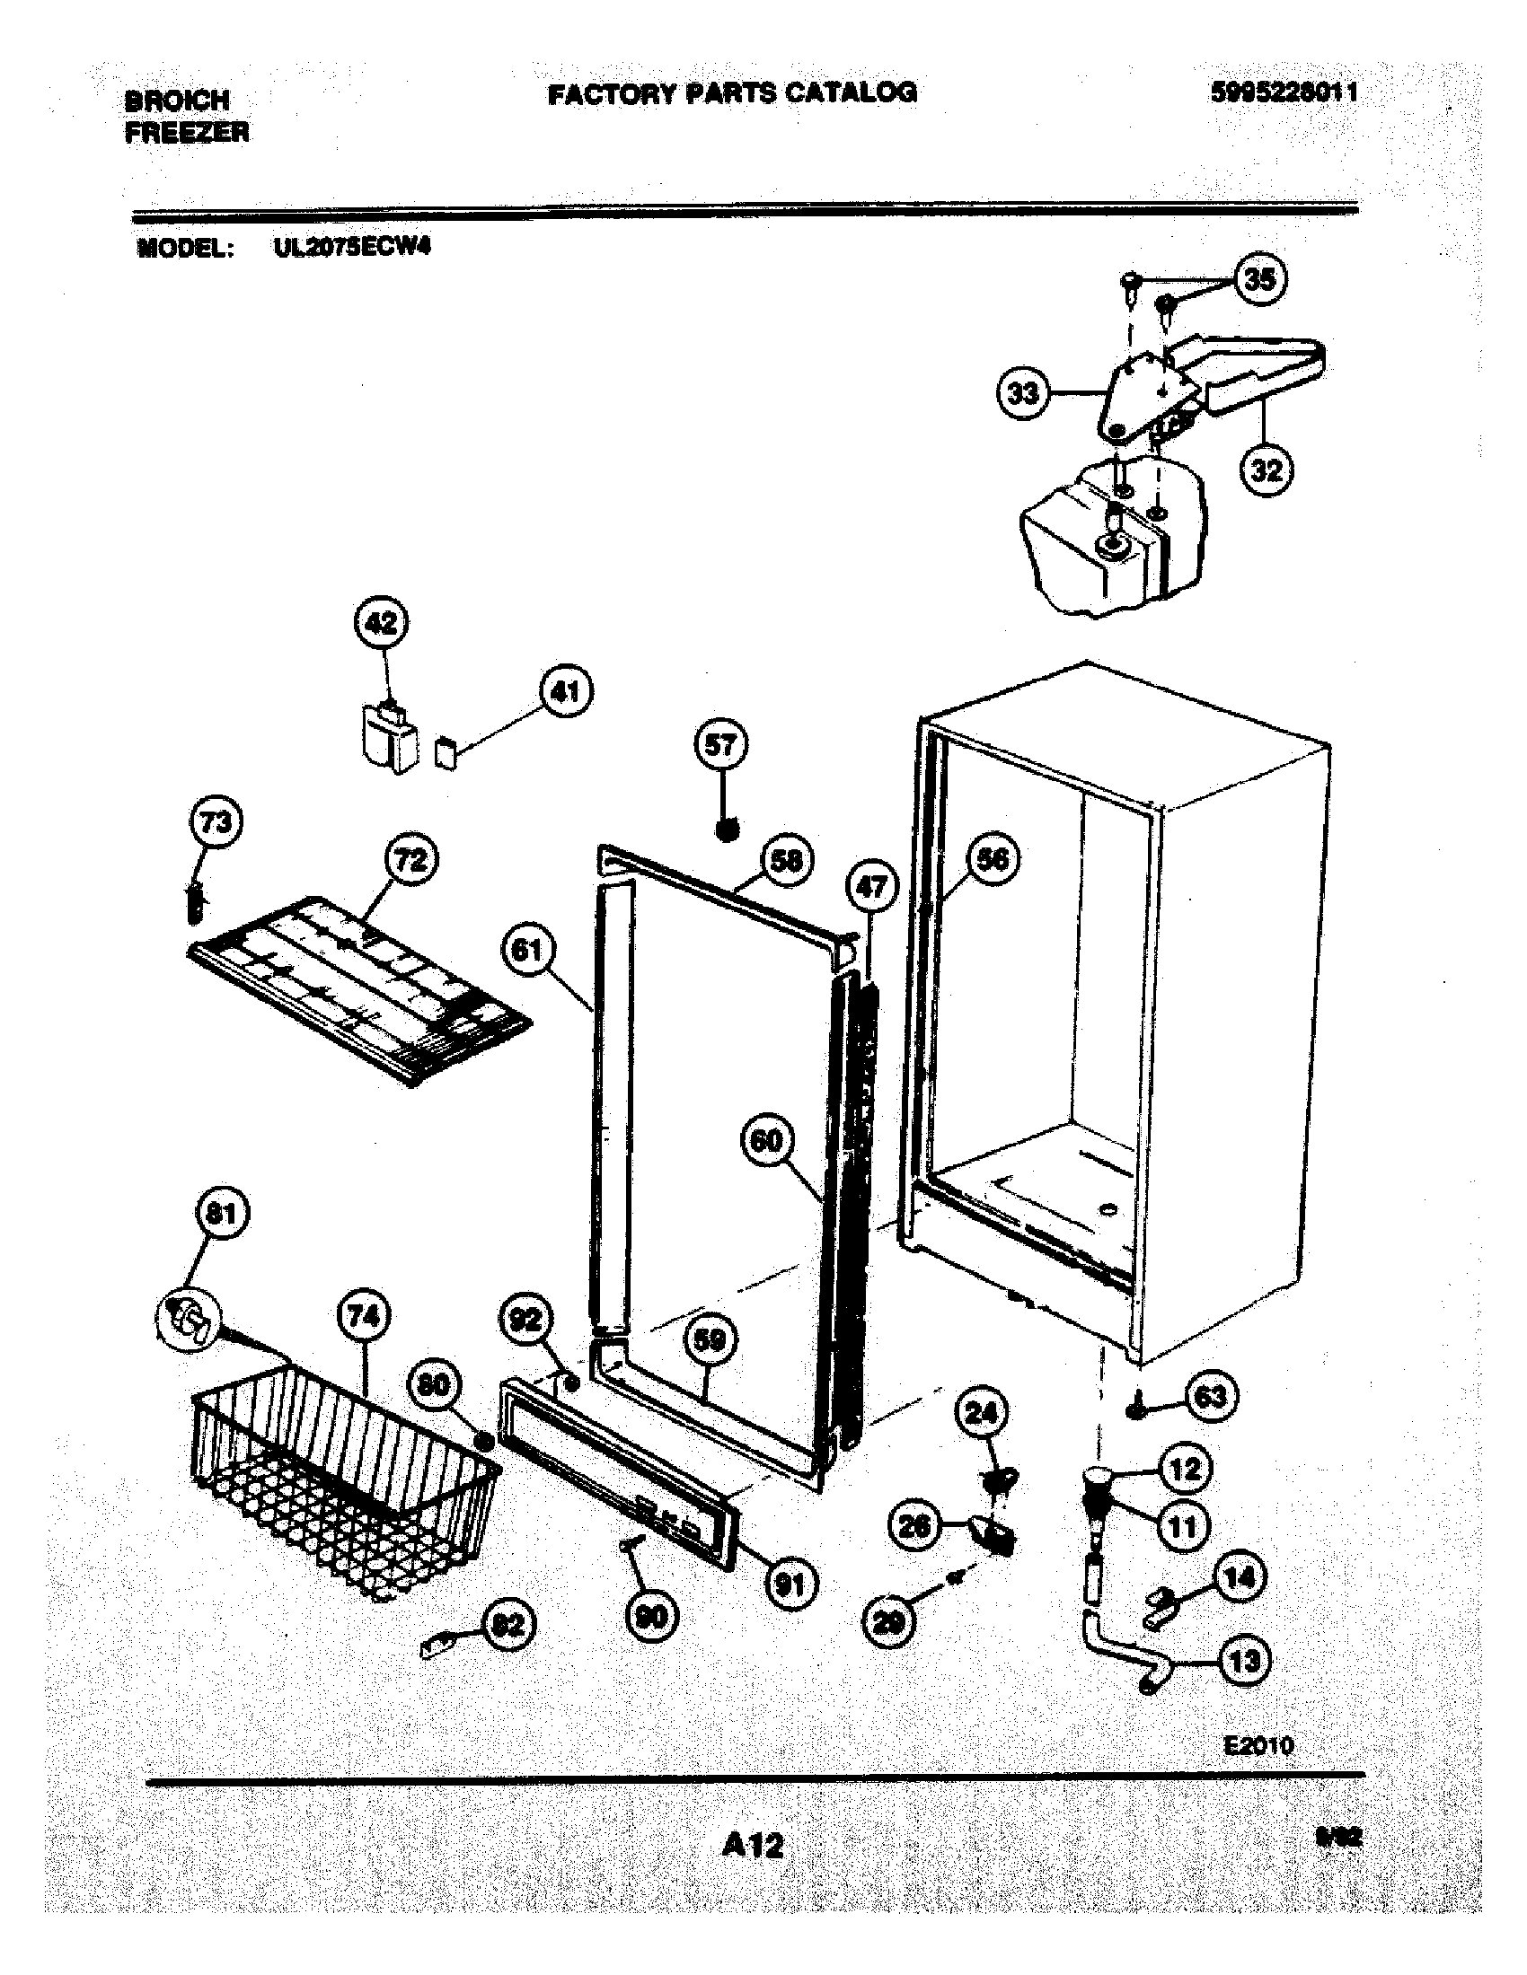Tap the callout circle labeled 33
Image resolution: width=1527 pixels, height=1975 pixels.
[x=1023, y=394]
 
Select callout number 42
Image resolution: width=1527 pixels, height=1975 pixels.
[x=381, y=624]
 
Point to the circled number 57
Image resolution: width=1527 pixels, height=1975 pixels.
[x=721, y=746]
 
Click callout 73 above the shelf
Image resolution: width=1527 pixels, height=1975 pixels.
[x=216, y=823]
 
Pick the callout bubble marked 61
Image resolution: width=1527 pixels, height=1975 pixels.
[x=527, y=951]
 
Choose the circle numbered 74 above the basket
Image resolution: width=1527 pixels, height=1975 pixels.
[x=363, y=1317]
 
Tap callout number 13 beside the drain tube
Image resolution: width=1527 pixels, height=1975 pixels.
[x=1245, y=1661]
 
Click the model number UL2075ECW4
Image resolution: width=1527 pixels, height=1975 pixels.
[x=352, y=247]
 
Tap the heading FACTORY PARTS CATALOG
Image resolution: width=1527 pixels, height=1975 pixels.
[x=732, y=92]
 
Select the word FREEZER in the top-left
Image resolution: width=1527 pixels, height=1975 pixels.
[x=187, y=133]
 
